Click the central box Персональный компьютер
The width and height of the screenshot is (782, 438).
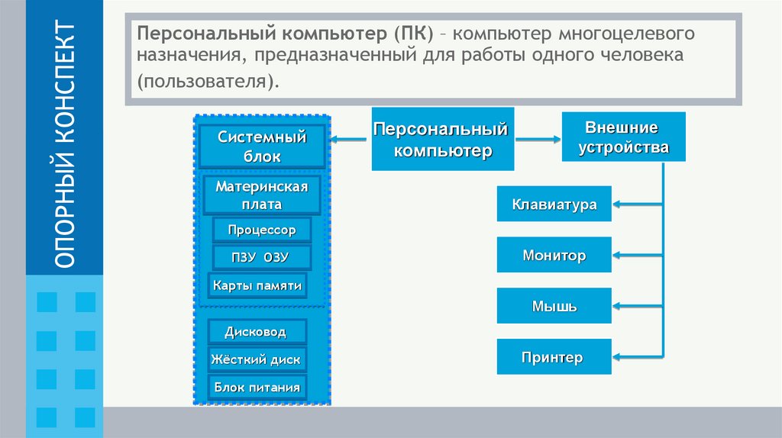point(443,139)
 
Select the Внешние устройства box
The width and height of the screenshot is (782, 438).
point(623,137)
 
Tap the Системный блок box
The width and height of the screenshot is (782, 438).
point(262,147)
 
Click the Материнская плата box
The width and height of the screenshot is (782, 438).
point(261,195)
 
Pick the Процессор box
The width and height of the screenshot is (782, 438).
point(261,230)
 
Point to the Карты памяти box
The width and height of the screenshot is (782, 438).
point(257,286)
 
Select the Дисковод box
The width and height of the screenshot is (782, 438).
point(257,332)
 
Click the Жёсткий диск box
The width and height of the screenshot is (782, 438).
point(257,359)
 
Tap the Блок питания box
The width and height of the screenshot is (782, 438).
point(257,387)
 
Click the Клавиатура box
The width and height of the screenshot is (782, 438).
point(554,204)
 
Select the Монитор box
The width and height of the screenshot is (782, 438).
point(554,255)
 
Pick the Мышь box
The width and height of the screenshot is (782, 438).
point(554,307)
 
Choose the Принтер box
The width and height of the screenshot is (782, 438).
point(554,357)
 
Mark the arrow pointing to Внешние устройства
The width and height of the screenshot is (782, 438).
point(538,139)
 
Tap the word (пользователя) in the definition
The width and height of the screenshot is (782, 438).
point(204,81)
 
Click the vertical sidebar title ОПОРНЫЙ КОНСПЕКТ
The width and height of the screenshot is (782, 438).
point(64,145)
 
